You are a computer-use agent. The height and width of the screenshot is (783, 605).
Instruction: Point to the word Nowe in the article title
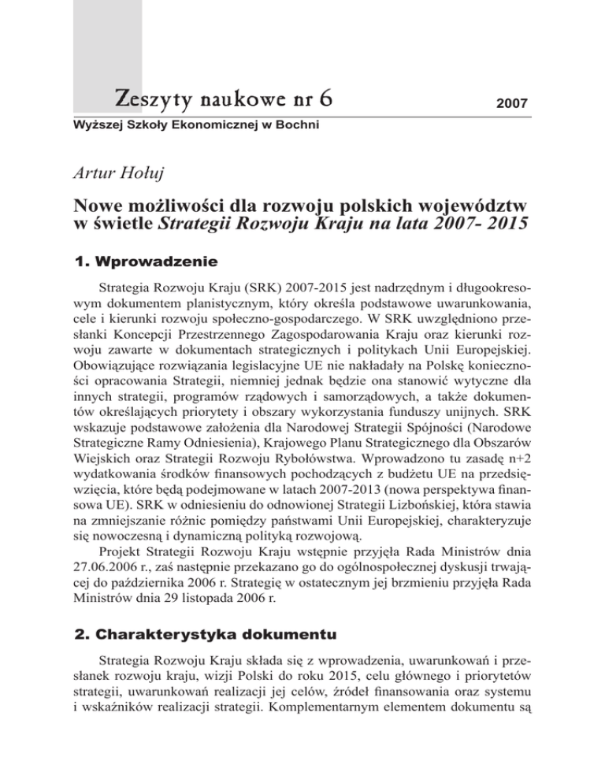pyautogui.click(x=98, y=206)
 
